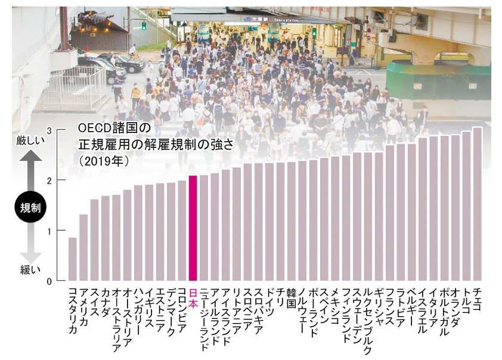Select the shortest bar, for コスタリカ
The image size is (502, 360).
click(73, 259)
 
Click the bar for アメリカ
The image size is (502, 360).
click(83, 247)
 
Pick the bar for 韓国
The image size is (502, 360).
click(291, 221)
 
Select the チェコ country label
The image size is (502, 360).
click(477, 300)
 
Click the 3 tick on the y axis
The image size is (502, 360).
click(49, 130)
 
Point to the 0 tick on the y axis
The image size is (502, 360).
click(49, 280)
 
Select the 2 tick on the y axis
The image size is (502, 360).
click(49, 180)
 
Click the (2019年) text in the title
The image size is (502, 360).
click(105, 161)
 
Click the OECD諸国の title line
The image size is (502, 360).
click(116, 128)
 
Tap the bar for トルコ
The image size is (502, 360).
click(466, 206)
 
